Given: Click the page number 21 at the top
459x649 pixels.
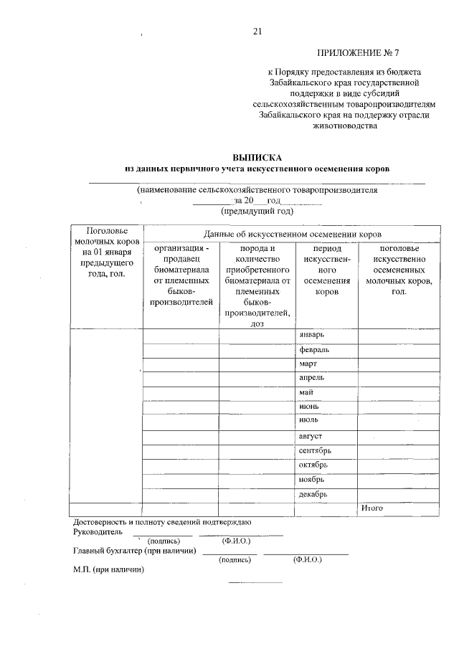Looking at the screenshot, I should pos(258,31).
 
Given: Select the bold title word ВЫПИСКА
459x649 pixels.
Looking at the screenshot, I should pos(257,157).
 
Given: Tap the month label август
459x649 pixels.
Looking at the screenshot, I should pos(311,436).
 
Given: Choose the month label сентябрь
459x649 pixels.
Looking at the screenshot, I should pos(315,450).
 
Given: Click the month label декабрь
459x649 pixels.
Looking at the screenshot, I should pos(313,494).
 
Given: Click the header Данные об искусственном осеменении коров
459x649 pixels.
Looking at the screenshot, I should pos(292,234).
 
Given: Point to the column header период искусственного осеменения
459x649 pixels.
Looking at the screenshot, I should pos(327,270).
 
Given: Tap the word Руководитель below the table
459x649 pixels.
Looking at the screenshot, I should pos(98,532).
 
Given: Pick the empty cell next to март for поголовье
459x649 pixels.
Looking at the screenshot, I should pos(399,364).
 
